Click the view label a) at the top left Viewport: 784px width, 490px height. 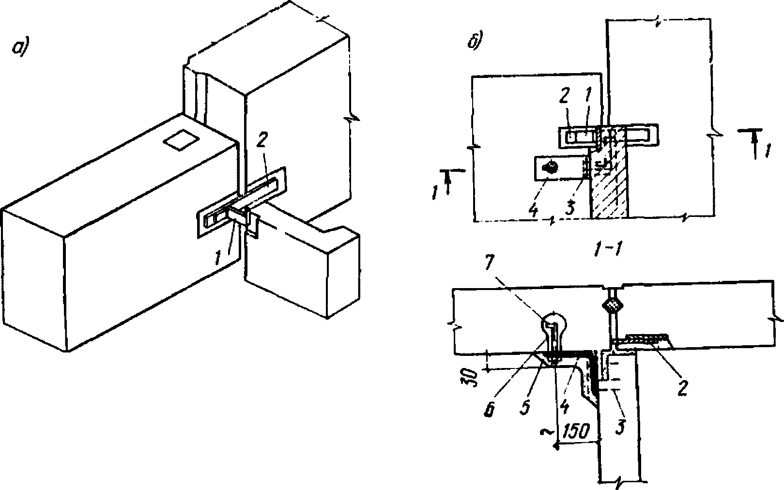(20, 47)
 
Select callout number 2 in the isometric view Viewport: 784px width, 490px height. (261, 143)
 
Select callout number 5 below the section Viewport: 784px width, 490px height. (525, 407)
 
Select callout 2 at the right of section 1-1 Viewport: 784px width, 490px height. (682, 388)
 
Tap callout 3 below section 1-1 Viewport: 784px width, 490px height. (620, 428)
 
